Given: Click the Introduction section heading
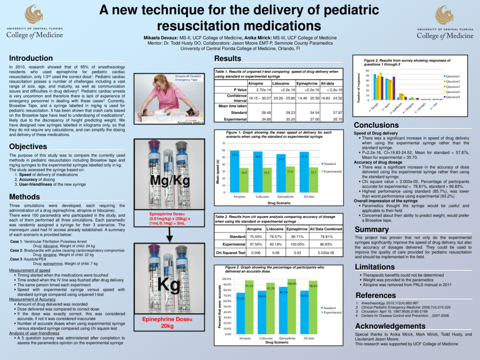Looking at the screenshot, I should pyautogui.click(x=31, y=58).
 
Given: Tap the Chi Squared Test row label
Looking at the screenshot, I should pyautogui.click(x=230, y=253).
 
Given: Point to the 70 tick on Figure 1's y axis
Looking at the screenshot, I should pyautogui.click(x=223, y=143).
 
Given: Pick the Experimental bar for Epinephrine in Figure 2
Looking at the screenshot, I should pyautogui.click(x=292, y=306).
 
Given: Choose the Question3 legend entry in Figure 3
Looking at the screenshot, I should pyautogui.click(x=452, y=86).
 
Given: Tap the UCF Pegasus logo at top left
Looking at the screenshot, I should pyautogui.click(x=34, y=14).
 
